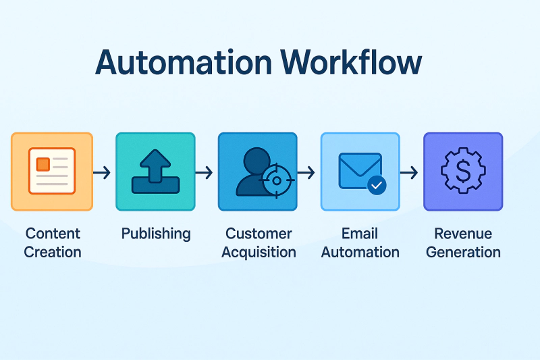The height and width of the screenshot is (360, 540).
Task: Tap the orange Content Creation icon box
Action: point(52,172)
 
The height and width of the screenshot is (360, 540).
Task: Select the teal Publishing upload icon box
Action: point(155,172)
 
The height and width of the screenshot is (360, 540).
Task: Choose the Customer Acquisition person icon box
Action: point(257,172)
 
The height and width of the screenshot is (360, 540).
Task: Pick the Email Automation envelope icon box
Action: point(360,172)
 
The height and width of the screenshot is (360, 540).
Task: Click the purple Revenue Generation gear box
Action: point(463,172)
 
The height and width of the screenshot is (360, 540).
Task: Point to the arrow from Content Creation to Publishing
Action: point(102,174)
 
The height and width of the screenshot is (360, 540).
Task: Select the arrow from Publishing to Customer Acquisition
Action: point(205,174)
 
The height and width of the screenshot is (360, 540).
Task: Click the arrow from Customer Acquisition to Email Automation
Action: point(306,174)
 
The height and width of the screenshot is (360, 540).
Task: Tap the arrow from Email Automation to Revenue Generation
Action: point(409,174)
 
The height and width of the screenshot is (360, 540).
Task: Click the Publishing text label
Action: point(156,234)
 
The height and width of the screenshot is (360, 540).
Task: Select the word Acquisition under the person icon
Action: point(259,253)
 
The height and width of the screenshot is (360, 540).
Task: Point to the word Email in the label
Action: point(360,234)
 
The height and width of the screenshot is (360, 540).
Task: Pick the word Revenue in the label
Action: point(463,234)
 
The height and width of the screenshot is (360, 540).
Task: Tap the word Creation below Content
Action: point(53,253)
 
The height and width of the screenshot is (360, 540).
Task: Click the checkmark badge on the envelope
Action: point(376,184)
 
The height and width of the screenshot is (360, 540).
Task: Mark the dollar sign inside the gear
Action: point(463,172)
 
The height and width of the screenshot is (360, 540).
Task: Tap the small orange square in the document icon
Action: point(43,163)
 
